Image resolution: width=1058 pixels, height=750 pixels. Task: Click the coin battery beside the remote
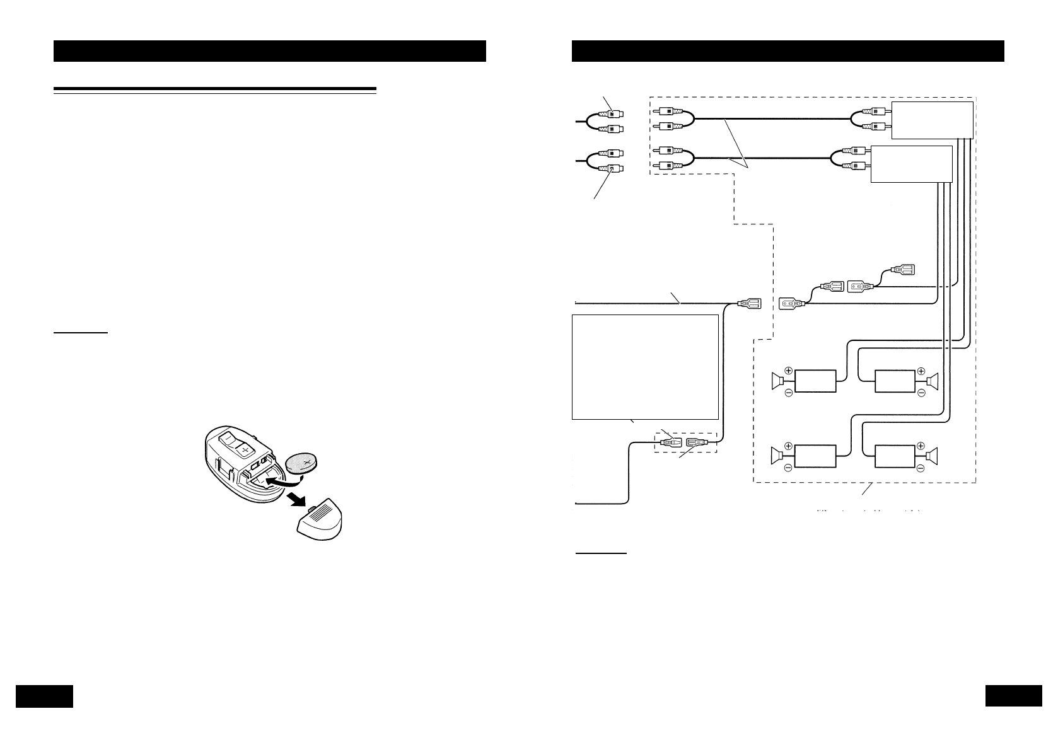(303, 464)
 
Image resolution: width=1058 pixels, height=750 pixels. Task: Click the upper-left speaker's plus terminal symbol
(788, 370)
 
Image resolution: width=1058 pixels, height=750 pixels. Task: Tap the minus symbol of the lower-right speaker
(921, 469)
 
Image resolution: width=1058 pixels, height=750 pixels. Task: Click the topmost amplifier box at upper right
(932, 119)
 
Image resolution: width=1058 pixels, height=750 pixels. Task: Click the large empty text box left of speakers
(645, 367)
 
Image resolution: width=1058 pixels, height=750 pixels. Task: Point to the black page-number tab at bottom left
(44, 696)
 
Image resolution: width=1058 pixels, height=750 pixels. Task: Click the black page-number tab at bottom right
(1013, 696)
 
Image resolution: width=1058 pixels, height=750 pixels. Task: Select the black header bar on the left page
(269, 51)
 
